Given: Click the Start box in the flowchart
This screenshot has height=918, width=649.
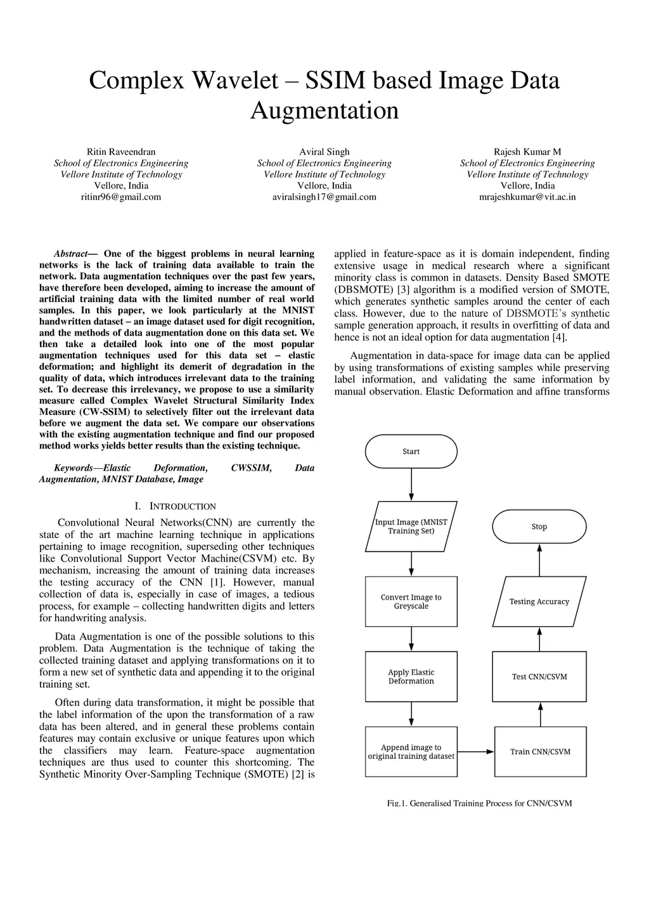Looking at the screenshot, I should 411,452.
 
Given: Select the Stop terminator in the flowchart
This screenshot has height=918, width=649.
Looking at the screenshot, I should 539,527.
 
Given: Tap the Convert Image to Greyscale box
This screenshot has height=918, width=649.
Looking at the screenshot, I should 411,601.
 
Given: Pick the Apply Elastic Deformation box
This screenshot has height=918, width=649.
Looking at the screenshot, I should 411,676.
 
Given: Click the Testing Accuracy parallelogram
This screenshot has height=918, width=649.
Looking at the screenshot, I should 539,601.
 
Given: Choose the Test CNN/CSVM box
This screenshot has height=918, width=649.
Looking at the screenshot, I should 539,676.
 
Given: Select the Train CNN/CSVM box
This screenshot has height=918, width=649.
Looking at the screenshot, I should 540,752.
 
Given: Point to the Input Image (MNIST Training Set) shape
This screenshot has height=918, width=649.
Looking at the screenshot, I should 411,527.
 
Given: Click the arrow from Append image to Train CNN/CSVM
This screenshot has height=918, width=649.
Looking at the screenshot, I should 475,752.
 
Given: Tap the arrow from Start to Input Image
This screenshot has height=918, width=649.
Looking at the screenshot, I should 411,485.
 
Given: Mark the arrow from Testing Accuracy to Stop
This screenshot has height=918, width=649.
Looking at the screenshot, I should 539,560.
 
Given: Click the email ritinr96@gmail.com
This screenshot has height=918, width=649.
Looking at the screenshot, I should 121,197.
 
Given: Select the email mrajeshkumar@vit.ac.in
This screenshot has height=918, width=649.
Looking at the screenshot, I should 527,197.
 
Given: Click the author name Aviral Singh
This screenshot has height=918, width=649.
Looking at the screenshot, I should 324,152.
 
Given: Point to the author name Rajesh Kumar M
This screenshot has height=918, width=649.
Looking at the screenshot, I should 527,152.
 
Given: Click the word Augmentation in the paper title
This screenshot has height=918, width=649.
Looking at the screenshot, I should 324,110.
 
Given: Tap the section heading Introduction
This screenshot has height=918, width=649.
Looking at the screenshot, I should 183,506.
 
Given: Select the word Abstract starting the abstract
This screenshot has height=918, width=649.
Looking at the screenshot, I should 70,254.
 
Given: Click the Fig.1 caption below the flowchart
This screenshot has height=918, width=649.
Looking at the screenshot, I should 479,803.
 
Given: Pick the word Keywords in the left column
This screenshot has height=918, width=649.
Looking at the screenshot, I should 73,468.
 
